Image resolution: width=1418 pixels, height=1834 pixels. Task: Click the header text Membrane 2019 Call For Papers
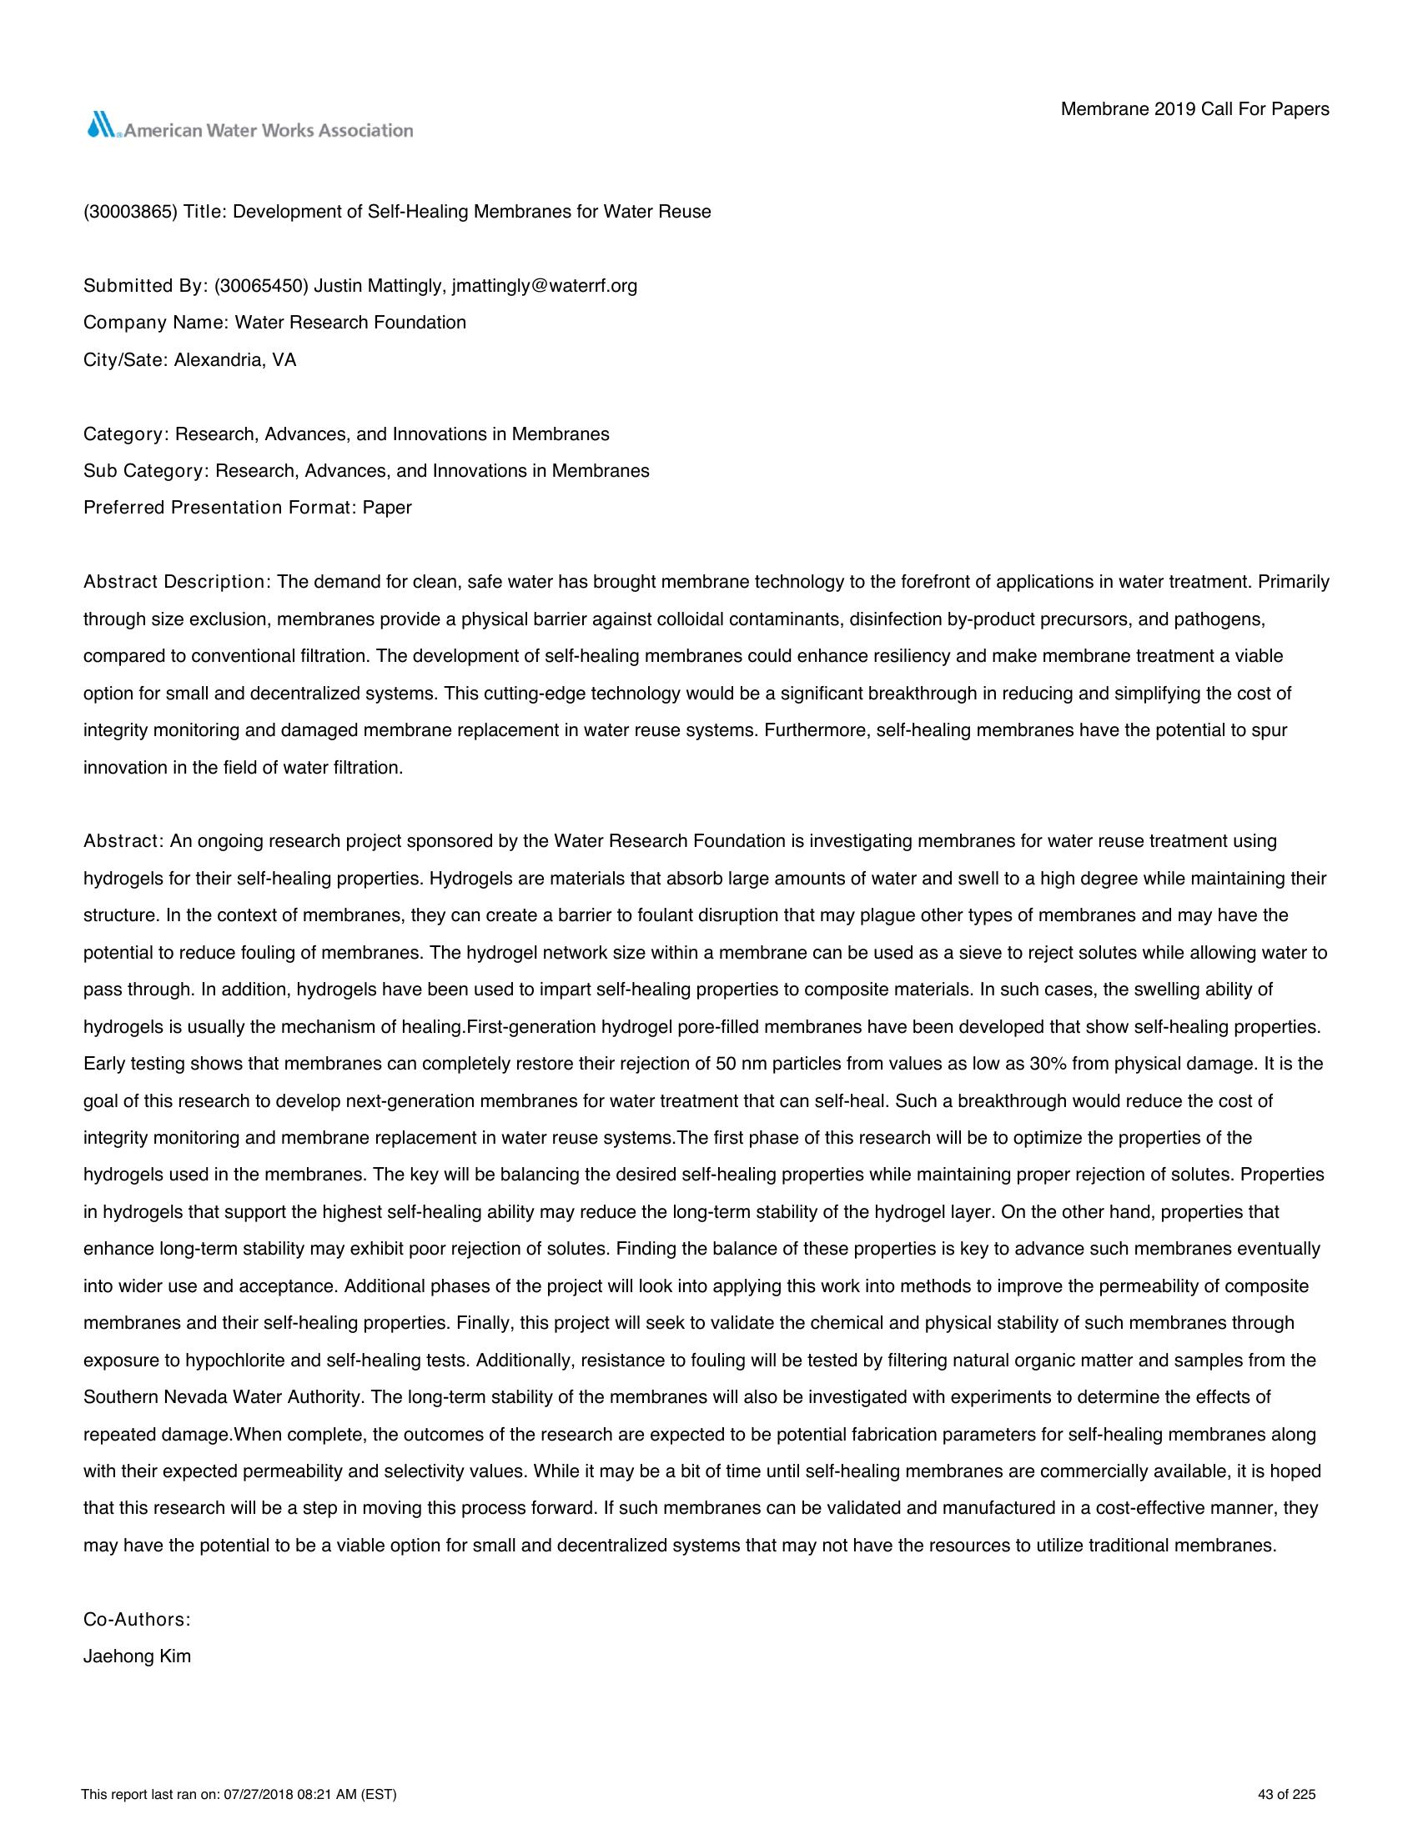(x=1194, y=109)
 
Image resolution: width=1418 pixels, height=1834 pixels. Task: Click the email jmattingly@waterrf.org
(x=545, y=286)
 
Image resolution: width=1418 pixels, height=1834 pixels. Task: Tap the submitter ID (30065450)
(x=261, y=286)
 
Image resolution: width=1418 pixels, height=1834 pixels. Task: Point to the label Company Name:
(x=156, y=323)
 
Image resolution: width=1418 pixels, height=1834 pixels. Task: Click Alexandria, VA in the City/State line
(x=235, y=360)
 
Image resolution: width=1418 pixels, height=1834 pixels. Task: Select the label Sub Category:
(x=146, y=471)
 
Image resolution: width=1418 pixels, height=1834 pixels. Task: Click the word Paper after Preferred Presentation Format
(x=387, y=508)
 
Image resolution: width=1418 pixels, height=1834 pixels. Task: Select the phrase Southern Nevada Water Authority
(x=223, y=1397)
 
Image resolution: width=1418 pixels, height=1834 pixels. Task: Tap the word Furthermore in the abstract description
(x=815, y=730)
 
